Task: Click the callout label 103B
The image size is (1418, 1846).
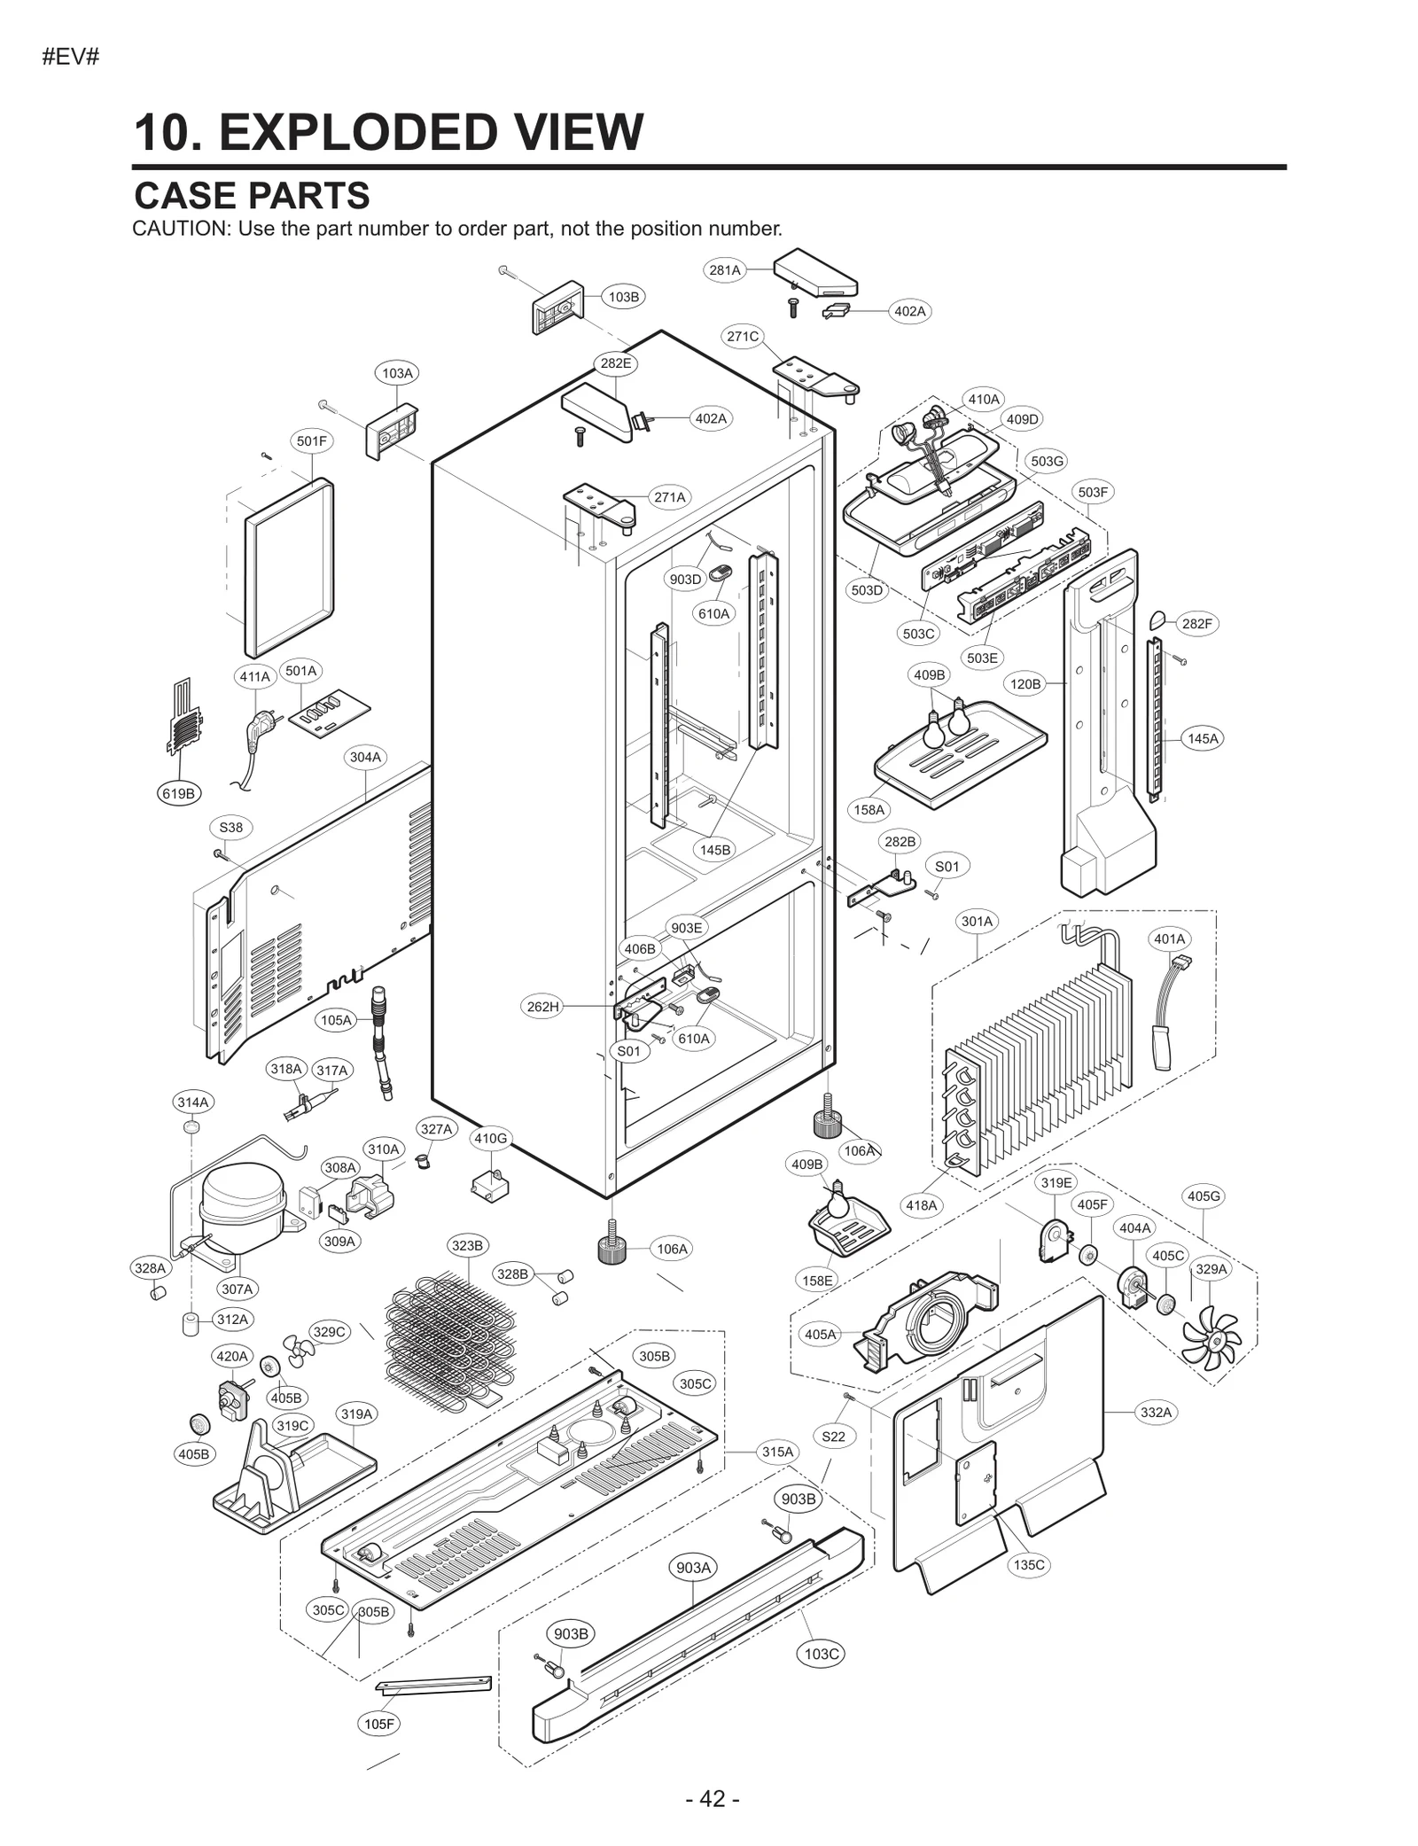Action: pos(624,297)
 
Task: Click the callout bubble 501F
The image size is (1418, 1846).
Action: pos(312,440)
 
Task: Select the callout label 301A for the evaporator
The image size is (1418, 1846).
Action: pos(978,922)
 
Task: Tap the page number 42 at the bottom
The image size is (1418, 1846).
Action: pos(712,1798)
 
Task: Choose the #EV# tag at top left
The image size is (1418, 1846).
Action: pos(70,58)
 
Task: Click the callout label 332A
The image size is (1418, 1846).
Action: pos(1156,1413)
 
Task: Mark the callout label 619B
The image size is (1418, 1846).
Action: pos(178,793)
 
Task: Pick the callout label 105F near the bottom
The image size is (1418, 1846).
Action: pos(380,1724)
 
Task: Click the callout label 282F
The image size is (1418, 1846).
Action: pos(1196,624)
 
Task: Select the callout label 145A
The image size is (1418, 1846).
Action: pos(1203,738)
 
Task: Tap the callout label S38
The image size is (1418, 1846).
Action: pos(230,828)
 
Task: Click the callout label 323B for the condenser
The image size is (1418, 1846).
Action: pos(467,1246)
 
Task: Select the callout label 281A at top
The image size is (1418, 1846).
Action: pos(725,270)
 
